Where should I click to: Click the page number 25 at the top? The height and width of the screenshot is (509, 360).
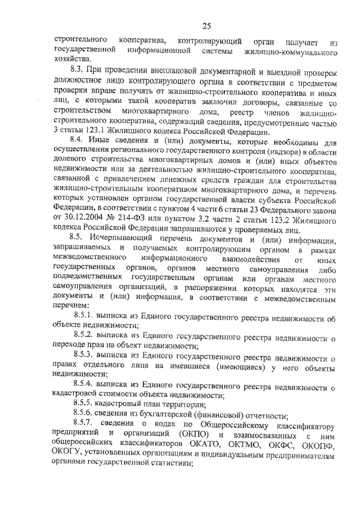point(206,26)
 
